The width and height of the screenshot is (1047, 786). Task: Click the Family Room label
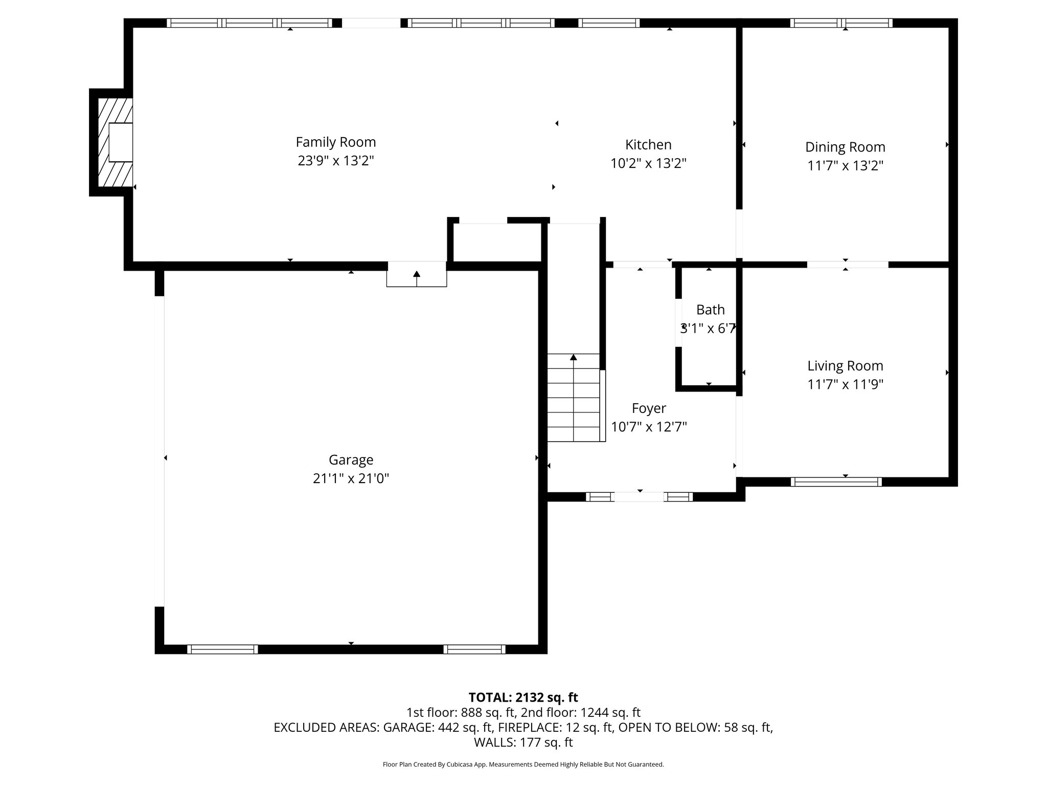pos(335,142)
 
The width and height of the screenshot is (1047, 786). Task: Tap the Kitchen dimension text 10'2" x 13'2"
pos(648,163)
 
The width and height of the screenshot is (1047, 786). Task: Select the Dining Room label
pos(845,147)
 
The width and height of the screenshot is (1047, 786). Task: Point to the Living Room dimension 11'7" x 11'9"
pos(845,384)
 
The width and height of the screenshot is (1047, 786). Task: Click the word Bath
pos(710,310)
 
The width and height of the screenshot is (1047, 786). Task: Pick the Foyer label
pos(649,408)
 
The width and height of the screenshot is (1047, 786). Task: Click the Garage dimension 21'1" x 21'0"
pos(351,478)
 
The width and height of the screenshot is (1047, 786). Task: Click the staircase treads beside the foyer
pos(574,404)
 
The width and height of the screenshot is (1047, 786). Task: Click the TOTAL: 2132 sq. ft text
pos(523,697)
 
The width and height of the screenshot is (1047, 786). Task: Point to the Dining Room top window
pos(841,23)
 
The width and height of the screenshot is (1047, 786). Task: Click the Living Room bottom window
pos(836,482)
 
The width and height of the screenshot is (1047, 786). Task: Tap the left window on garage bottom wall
pos(222,649)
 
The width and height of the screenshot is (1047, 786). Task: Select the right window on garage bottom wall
pos(474,649)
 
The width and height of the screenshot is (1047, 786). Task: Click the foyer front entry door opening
pos(639,496)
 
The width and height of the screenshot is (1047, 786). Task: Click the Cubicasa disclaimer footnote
pos(523,765)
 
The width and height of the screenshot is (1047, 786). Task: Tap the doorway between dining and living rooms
pos(847,265)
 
